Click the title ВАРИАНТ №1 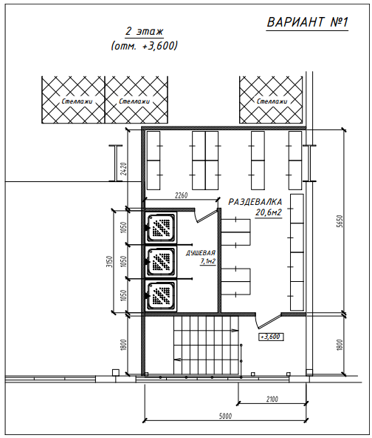(x=307, y=22)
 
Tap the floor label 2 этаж (x=144, y=31)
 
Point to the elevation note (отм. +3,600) (x=144, y=46)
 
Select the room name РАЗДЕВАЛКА (x=255, y=202)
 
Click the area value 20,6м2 (x=269, y=212)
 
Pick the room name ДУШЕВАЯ (x=201, y=253)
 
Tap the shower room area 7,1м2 (x=208, y=261)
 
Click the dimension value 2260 (x=181, y=195)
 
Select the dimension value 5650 (x=340, y=221)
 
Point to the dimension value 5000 (x=225, y=417)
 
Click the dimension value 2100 (x=272, y=400)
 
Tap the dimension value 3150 (x=111, y=261)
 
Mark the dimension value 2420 (x=124, y=169)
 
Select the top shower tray (x=161, y=227)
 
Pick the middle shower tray (x=161, y=261)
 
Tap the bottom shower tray (x=161, y=295)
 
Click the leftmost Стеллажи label (x=77, y=101)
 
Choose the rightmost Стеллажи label (x=272, y=101)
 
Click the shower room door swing (x=206, y=215)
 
